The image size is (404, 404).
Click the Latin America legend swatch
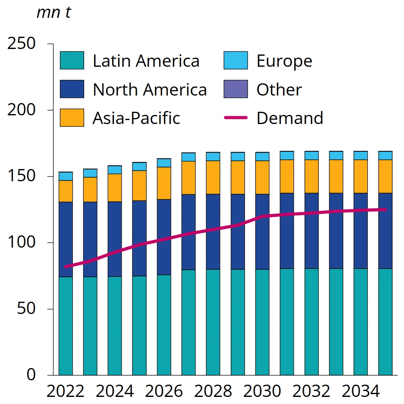[x=72, y=60]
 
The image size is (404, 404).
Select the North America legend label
[x=150, y=90]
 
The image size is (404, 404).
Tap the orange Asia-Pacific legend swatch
[x=72, y=118]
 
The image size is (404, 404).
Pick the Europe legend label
[x=284, y=61]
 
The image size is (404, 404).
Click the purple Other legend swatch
[x=236, y=89]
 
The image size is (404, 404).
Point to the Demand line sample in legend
[x=236, y=118]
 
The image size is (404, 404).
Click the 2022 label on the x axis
[x=66, y=391]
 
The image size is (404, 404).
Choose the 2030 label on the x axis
[x=262, y=391]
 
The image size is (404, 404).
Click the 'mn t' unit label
[x=54, y=13]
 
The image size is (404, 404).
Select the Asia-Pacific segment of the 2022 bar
[x=66, y=191]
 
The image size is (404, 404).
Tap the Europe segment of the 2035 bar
[x=385, y=155]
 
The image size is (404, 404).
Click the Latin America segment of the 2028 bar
[x=213, y=322]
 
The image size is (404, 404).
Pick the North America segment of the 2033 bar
[x=336, y=231]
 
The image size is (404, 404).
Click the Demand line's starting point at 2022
[x=66, y=267]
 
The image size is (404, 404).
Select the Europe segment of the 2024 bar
[x=115, y=170]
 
